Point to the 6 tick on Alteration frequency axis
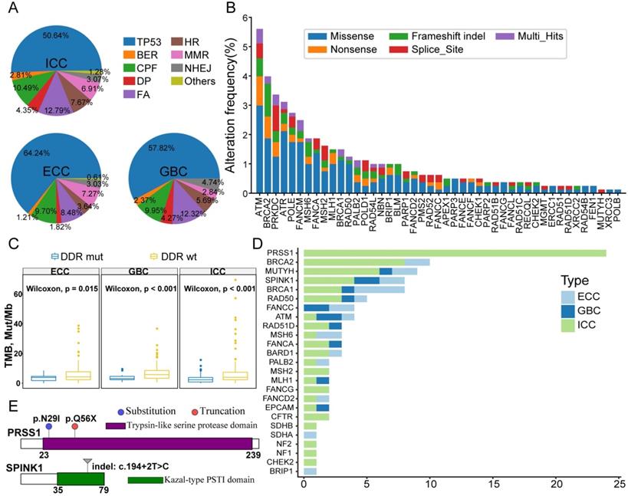(244, 18)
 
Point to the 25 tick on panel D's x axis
(620, 485)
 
